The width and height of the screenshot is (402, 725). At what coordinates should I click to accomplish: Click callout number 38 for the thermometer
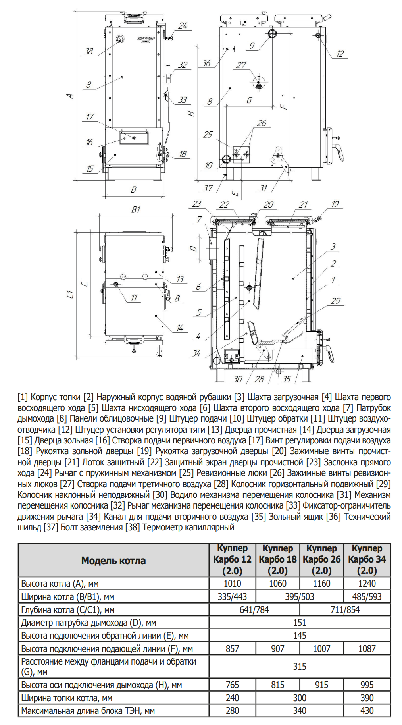click(x=88, y=51)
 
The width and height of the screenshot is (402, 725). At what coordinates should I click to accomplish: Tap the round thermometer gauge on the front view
click(x=120, y=39)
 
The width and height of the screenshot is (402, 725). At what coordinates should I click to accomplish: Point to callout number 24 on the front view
click(x=183, y=26)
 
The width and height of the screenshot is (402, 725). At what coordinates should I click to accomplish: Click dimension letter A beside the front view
click(x=70, y=96)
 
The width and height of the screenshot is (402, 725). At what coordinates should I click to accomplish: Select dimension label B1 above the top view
click(x=136, y=210)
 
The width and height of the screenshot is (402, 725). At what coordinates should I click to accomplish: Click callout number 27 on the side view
click(x=241, y=65)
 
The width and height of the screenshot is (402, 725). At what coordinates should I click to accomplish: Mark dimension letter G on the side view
click(x=249, y=100)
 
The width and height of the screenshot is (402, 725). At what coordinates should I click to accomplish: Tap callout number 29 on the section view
click(x=336, y=301)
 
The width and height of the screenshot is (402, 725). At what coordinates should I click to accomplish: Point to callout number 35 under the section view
click(x=287, y=379)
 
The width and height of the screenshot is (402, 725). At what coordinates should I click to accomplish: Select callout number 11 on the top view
click(x=134, y=297)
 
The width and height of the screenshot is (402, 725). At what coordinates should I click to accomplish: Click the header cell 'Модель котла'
click(x=113, y=560)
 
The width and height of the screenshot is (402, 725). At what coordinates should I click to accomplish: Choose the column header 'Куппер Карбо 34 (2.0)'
click(x=367, y=559)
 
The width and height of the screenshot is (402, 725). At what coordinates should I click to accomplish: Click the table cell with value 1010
click(x=232, y=583)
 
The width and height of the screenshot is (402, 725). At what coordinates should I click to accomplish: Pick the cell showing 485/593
click(x=367, y=596)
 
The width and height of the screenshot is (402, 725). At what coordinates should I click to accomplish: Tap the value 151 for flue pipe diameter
click(x=300, y=622)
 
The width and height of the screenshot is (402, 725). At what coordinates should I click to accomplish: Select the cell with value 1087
click(x=367, y=648)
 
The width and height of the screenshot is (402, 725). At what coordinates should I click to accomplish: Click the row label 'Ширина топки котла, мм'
click(x=67, y=698)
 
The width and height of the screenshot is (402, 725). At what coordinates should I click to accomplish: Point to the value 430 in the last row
click(x=367, y=710)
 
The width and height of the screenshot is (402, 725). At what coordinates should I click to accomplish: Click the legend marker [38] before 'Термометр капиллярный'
click(x=133, y=527)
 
